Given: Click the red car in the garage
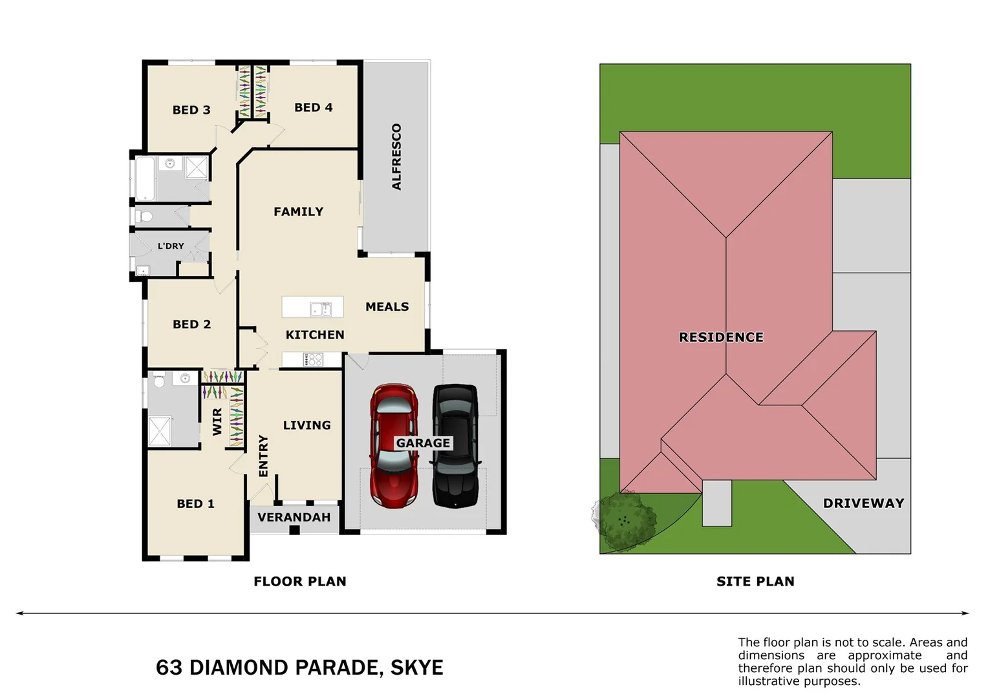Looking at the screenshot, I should (x=394, y=446).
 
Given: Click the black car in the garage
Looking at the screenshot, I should (x=455, y=446).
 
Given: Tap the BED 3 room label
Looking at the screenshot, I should (x=191, y=110).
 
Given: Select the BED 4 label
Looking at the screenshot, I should (x=314, y=107).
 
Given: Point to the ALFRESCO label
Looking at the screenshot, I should (x=396, y=157).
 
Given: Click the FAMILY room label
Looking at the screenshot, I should (x=298, y=211).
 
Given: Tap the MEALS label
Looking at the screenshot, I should (x=387, y=306).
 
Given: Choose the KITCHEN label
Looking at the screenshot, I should (x=315, y=334).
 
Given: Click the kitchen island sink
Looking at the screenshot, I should (x=320, y=309).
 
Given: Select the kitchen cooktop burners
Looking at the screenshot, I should (x=314, y=359).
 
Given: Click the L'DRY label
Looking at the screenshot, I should (x=171, y=246).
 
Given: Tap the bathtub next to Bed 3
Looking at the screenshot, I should (x=144, y=178).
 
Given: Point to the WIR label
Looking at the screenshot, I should (x=217, y=421).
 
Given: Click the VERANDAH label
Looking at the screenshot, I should (x=294, y=517).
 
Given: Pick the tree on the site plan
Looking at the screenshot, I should (x=623, y=520).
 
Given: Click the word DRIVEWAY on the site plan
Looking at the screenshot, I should (x=863, y=503).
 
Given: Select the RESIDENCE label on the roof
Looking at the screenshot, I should (x=721, y=337).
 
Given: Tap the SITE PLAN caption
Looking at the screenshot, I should (x=755, y=581).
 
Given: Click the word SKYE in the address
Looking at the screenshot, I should (x=417, y=667).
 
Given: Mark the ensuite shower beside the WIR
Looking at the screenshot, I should (x=160, y=432).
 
